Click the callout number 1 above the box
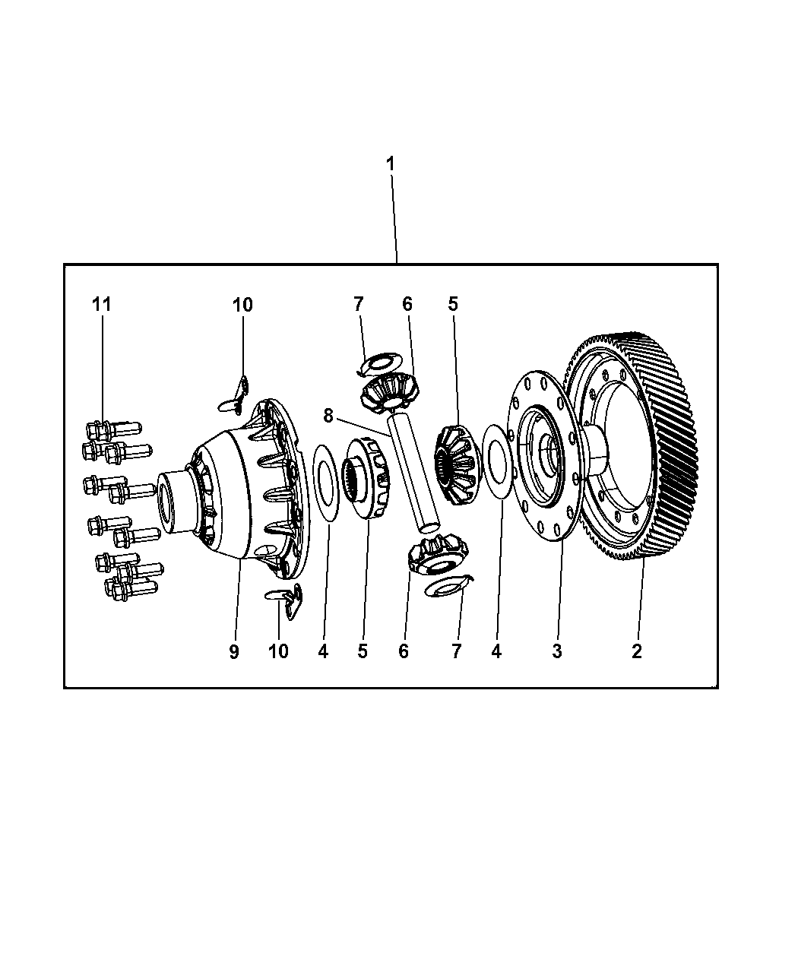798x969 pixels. coord(390,164)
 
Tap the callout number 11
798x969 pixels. coord(102,305)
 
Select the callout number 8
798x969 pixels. coord(328,416)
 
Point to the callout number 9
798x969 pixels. coord(234,651)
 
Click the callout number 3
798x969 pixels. coord(557,651)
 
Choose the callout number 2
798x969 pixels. coord(636,651)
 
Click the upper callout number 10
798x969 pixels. coord(242,305)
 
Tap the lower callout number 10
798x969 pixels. coord(278,651)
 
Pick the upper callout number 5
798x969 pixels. coord(453,304)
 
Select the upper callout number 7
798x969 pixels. coord(358,304)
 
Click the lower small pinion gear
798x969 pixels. coord(438,554)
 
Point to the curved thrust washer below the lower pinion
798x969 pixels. coord(448,586)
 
